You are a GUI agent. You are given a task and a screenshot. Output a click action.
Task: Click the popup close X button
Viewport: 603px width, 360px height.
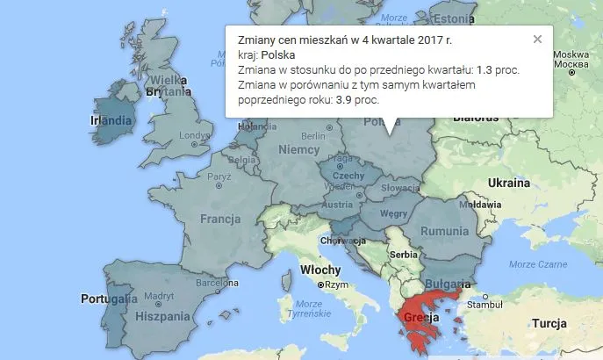[x=537, y=39]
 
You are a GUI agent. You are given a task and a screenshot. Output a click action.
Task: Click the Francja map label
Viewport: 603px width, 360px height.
[x=220, y=219]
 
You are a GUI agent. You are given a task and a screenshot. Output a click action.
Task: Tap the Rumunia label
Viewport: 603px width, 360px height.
[x=446, y=230]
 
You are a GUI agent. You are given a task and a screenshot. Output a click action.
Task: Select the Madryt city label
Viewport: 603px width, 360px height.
[x=159, y=296]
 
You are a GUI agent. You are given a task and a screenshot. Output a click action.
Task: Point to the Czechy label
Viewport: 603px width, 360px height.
[x=348, y=176]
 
